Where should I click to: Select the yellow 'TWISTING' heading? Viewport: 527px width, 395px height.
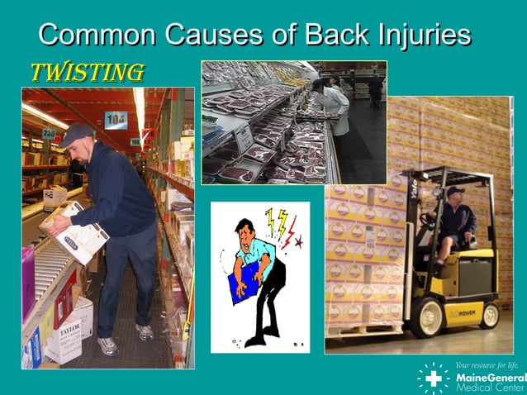pyautogui.click(x=87, y=73)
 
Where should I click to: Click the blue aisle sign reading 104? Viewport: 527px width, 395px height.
pyautogui.click(x=116, y=121)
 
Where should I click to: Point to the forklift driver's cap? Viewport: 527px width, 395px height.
pyautogui.click(x=455, y=191)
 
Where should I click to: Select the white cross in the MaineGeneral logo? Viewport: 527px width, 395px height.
pyautogui.click(x=434, y=378)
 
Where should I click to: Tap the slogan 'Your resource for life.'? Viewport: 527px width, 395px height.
pyautogui.click(x=487, y=364)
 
